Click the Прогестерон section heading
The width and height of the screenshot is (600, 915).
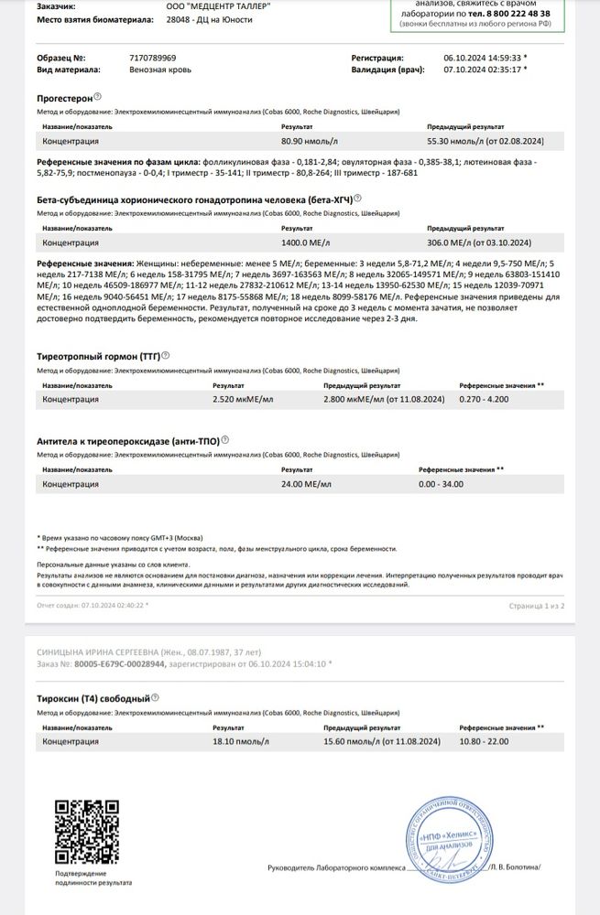[x=63, y=96]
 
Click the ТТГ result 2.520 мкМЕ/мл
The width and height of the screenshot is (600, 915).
[x=236, y=399]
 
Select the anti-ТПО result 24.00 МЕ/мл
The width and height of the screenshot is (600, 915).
[x=305, y=483]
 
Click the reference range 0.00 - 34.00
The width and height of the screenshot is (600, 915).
[x=440, y=483]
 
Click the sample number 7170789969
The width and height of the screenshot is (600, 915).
[x=155, y=57]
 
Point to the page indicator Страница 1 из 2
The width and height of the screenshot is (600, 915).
[x=537, y=606]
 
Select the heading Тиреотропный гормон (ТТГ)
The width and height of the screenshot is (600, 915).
[x=98, y=355]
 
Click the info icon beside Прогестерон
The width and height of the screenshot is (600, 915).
[x=97, y=95]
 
